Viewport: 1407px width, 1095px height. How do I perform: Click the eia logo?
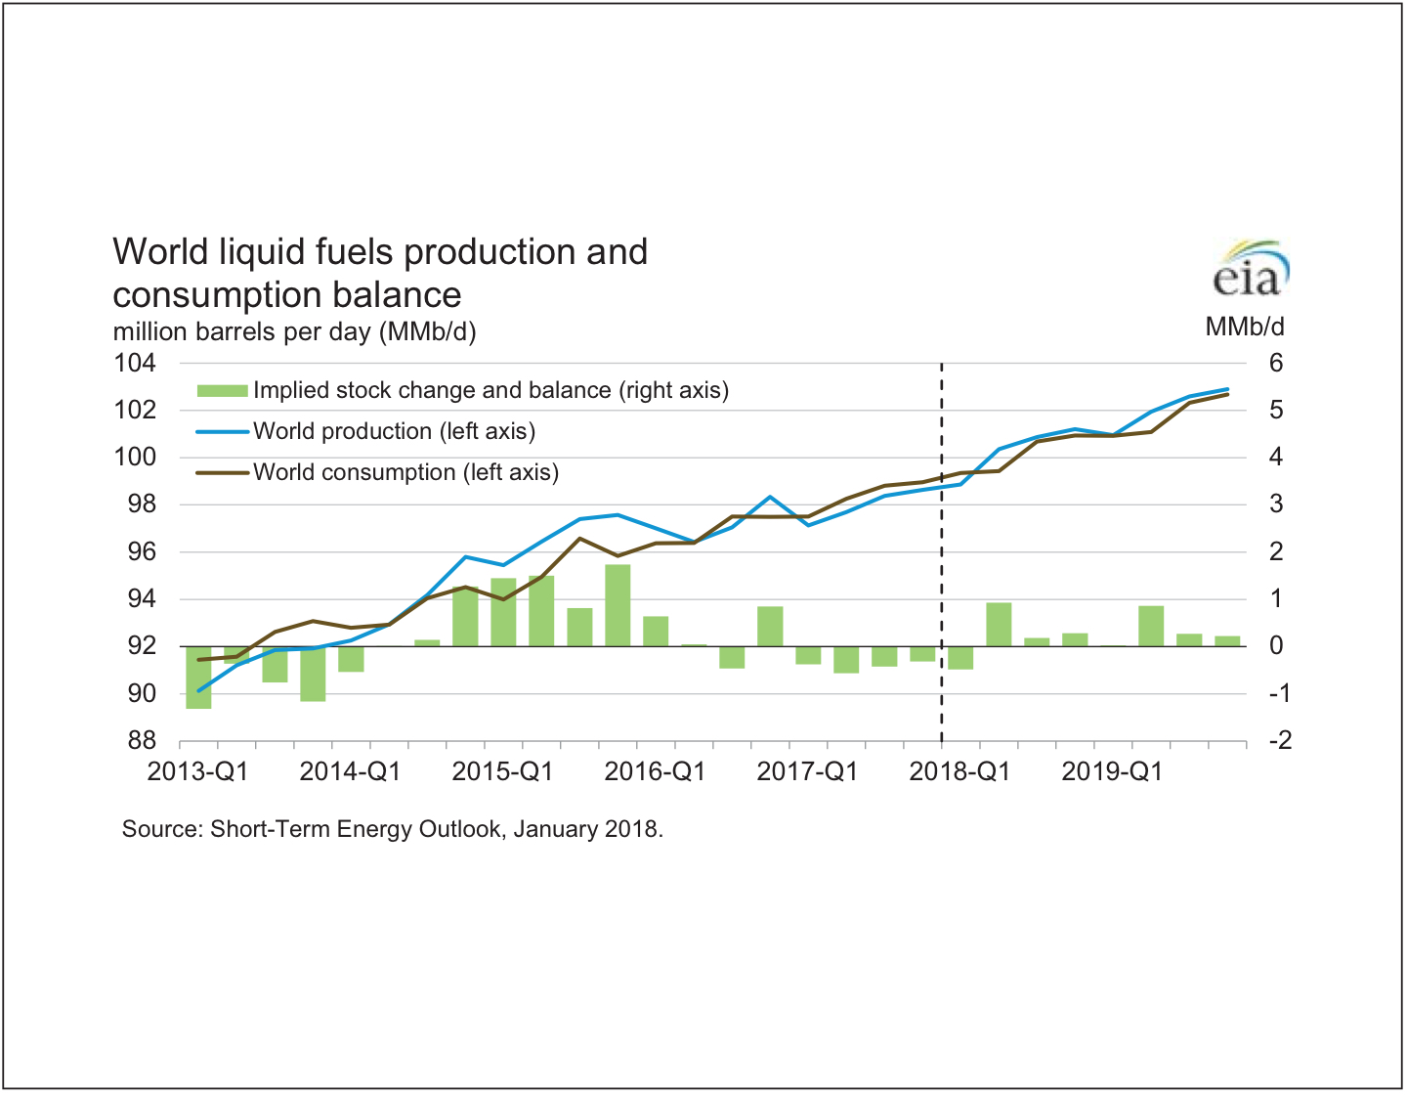(x=1250, y=270)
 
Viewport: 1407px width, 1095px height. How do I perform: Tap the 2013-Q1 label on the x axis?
(x=197, y=771)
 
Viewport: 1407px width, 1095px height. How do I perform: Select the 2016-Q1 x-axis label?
(x=655, y=771)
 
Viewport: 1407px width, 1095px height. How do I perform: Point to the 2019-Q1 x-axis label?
(x=1112, y=771)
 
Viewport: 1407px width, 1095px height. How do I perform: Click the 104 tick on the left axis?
(x=135, y=364)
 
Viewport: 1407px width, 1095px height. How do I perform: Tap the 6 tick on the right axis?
(x=1275, y=364)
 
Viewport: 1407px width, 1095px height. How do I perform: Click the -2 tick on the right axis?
(x=1279, y=741)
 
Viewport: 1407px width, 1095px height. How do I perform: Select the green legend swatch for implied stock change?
(x=222, y=391)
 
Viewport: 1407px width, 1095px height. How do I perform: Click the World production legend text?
(x=394, y=431)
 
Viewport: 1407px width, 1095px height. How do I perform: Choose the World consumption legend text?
(x=405, y=472)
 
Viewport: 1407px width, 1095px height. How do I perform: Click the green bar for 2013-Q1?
(x=198, y=677)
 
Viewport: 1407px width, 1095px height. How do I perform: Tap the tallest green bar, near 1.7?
(x=618, y=605)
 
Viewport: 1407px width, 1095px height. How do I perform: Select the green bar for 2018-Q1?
(x=960, y=657)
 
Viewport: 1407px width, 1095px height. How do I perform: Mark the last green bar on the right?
(x=1227, y=641)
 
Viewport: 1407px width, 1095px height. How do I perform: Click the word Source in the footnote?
(x=161, y=829)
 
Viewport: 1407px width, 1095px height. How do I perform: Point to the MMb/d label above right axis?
(x=1244, y=327)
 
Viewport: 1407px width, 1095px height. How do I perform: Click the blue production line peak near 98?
(x=770, y=497)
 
